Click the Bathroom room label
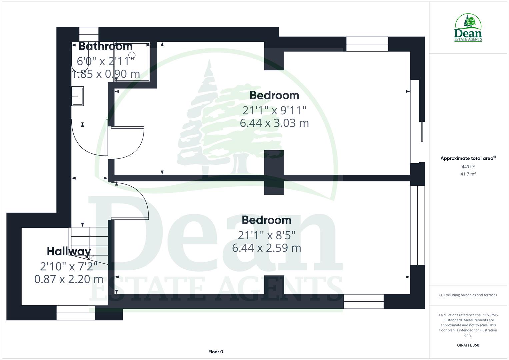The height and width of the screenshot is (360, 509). click(x=105, y=46)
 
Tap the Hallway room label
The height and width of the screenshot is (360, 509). click(x=69, y=251)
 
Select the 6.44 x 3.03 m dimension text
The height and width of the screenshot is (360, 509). click(x=274, y=123)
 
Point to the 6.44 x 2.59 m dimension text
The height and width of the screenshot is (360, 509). click(x=266, y=248)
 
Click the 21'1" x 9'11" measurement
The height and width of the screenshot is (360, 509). click(x=274, y=110)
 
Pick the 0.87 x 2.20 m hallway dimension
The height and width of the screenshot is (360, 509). click(x=69, y=279)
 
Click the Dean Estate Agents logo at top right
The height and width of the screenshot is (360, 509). click(x=468, y=28)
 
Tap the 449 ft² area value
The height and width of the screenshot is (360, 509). click(x=468, y=167)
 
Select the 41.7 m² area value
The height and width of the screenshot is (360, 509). click(x=468, y=174)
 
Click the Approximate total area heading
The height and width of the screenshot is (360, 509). click(x=468, y=158)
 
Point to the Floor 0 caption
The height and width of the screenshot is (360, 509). click(x=216, y=352)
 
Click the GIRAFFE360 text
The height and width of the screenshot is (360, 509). click(x=468, y=345)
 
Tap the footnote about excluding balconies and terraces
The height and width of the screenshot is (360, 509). click(x=468, y=295)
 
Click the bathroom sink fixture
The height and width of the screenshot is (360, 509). click(x=77, y=96)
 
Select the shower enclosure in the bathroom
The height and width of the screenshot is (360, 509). click(x=132, y=62)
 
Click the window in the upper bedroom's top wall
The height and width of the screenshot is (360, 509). click(x=367, y=44)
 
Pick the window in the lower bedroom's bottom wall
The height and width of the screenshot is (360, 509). click(x=364, y=301)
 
